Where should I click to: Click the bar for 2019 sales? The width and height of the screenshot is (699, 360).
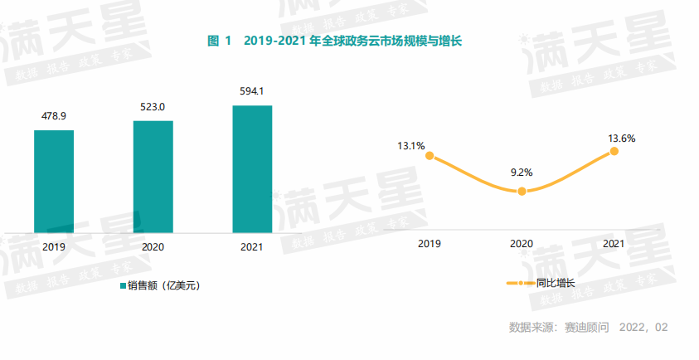(54, 181)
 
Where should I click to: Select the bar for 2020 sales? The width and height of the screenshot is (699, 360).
(153, 176)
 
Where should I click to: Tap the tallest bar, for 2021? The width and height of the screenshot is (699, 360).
(252, 168)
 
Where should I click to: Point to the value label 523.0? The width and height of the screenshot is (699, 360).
(153, 107)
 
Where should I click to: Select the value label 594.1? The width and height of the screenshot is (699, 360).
(252, 91)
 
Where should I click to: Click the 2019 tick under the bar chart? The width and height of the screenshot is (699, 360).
(54, 246)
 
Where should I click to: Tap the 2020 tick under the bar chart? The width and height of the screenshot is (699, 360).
(153, 246)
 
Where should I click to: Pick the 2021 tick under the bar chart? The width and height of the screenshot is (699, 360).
(252, 246)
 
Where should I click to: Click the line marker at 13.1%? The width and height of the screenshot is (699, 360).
(430, 154)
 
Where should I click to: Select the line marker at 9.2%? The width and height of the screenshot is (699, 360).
(522, 192)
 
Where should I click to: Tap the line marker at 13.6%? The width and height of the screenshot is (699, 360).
(614, 152)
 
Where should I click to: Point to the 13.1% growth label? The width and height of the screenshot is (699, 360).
(411, 146)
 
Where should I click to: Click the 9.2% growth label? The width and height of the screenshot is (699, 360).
(522, 173)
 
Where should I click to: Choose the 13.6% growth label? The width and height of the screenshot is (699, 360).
(622, 139)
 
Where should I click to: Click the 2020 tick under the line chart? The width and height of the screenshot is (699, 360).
(522, 244)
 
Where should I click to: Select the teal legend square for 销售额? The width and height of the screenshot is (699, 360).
(121, 286)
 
